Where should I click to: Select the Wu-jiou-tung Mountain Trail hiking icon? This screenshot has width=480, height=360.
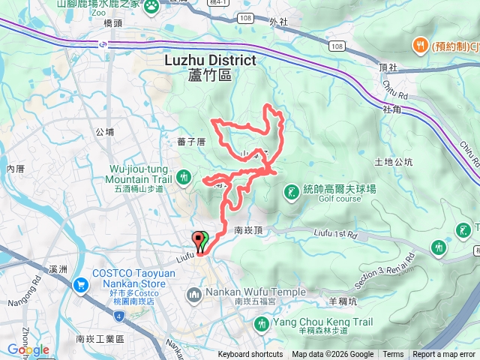point(184,177)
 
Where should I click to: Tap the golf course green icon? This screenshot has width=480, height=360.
point(290,193)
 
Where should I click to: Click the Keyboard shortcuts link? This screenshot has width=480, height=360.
point(250,355)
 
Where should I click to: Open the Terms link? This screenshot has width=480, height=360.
point(393,355)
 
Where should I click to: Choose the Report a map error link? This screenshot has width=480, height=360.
point(444,355)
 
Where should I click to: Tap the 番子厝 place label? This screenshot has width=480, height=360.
point(191,142)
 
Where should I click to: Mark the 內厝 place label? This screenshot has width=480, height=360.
point(15,168)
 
